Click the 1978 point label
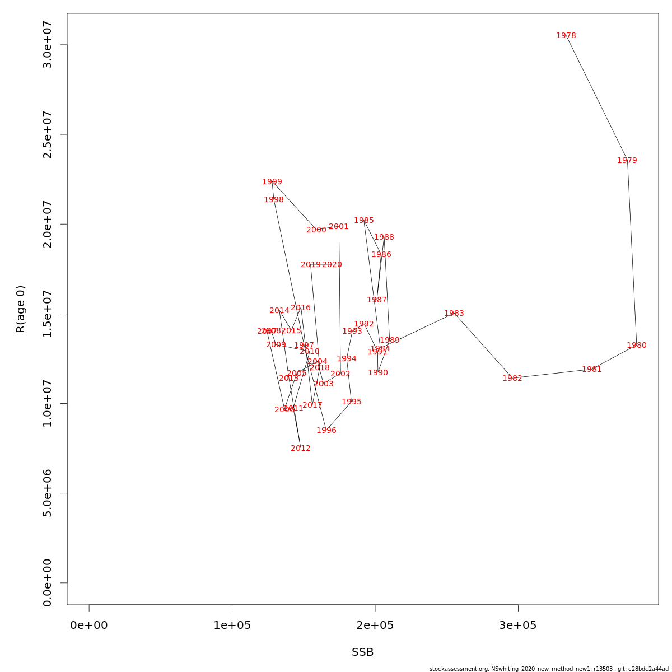(x=566, y=36)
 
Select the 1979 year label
(x=627, y=161)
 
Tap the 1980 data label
(x=636, y=346)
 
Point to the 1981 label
(x=591, y=370)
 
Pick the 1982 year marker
(x=512, y=379)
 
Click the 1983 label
(x=454, y=314)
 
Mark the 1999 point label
(x=272, y=182)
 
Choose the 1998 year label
(x=274, y=200)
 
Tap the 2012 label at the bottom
(x=300, y=449)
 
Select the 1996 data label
(x=326, y=431)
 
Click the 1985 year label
(x=363, y=221)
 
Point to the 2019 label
(x=311, y=265)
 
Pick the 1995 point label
(x=351, y=402)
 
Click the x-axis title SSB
(x=362, y=652)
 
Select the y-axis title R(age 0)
(x=21, y=309)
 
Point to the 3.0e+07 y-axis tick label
(x=48, y=45)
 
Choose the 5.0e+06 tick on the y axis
(x=48, y=493)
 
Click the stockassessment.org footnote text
(x=549, y=669)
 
